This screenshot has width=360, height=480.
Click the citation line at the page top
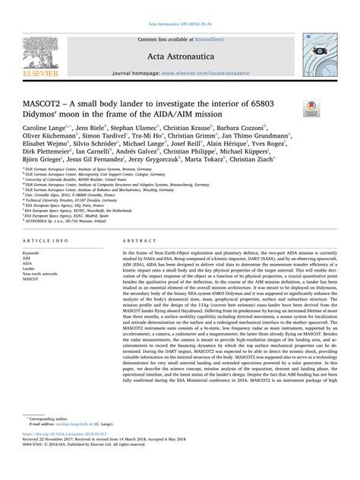(180, 5)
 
